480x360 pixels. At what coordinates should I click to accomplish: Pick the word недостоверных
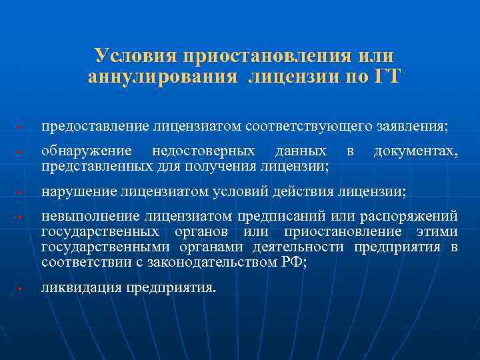tap(203, 152)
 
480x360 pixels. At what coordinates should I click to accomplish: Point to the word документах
tap(415, 152)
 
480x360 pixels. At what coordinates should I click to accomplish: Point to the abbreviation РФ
tap(291, 262)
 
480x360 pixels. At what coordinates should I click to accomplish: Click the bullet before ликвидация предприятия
tap(21, 289)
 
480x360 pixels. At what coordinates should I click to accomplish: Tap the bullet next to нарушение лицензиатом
tap(21, 193)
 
